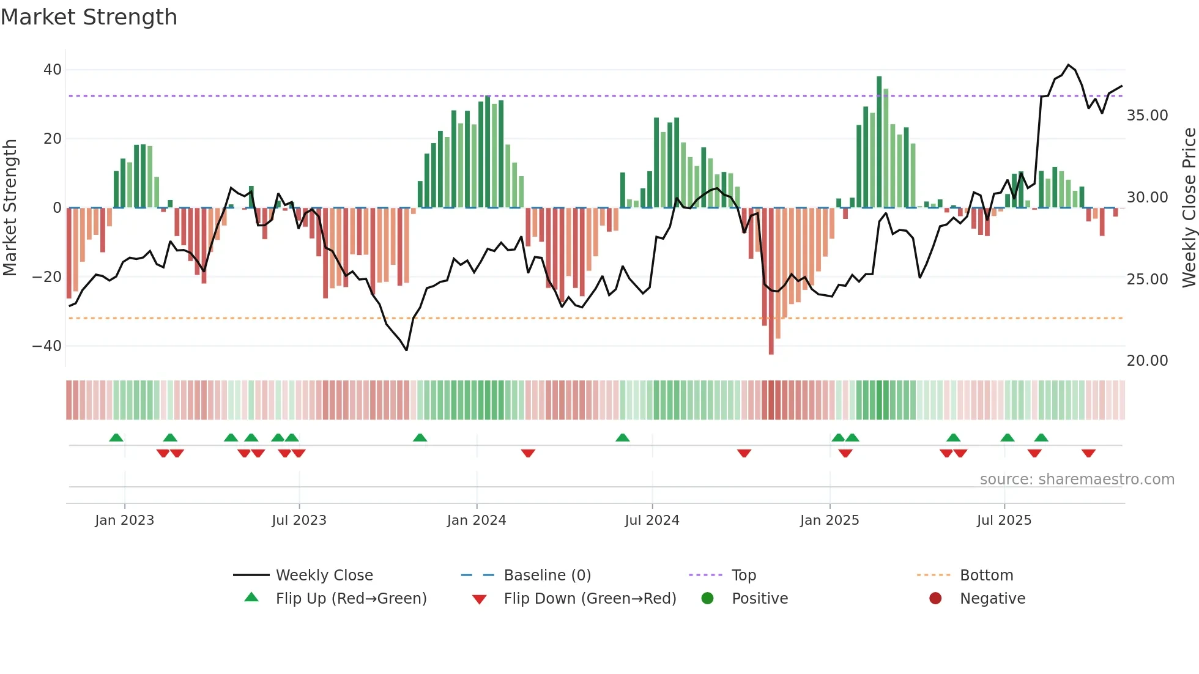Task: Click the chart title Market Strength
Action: tap(89, 17)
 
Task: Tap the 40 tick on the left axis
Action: tap(52, 70)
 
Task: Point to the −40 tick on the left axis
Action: tap(47, 346)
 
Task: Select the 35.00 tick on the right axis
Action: tap(1147, 116)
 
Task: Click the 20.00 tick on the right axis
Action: tap(1147, 361)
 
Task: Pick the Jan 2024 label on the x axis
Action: tap(476, 520)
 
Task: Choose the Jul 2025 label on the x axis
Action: tap(1003, 520)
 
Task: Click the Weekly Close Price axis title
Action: tap(1189, 208)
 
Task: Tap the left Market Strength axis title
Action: tap(10, 208)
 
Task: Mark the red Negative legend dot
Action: tap(935, 599)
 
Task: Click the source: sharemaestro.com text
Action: tap(1077, 480)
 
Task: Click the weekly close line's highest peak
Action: tap(1068, 65)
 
